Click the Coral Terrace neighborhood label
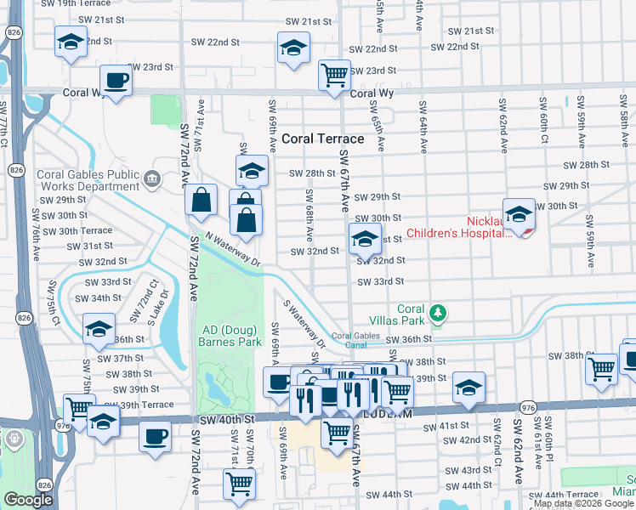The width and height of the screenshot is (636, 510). [x=321, y=139]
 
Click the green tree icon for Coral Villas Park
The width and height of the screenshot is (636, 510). [x=437, y=314]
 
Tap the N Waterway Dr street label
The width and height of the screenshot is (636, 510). [x=232, y=250]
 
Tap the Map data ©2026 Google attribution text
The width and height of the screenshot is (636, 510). [x=583, y=503]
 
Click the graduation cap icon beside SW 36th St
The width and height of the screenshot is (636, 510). [x=99, y=329]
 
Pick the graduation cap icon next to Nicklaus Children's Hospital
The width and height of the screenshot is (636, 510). [x=518, y=214]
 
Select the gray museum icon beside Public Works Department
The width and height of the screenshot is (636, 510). [x=151, y=178]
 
